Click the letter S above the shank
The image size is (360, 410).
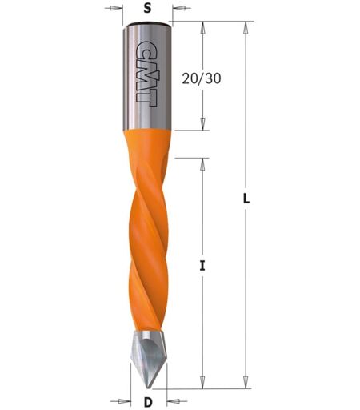(x=147, y=9)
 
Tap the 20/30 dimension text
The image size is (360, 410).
(x=202, y=78)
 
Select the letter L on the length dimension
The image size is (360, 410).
(x=246, y=199)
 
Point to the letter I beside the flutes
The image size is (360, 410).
(x=202, y=266)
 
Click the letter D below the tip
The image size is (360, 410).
(x=148, y=402)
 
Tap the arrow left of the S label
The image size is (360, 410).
(x=114, y=8)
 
